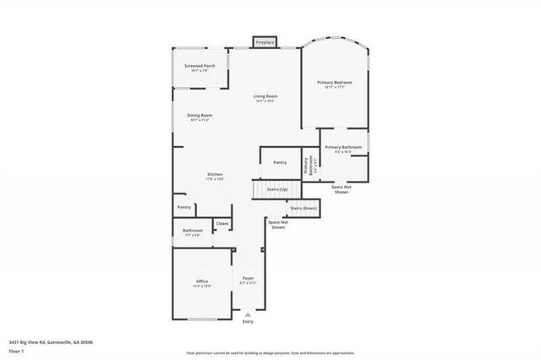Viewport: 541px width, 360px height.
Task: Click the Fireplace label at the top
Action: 265,41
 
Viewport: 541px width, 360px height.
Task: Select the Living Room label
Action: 265,96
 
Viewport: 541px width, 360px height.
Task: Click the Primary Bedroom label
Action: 335,82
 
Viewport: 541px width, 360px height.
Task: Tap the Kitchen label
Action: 215,174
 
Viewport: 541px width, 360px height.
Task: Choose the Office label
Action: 202,281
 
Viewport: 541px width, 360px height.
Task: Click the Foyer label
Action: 249,278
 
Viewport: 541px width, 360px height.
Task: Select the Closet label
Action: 222,224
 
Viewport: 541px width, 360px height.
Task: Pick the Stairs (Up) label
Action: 277,189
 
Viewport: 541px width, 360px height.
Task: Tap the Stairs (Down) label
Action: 303,208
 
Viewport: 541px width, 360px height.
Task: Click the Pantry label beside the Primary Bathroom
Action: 280,161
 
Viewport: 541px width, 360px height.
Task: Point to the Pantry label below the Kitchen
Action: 183,207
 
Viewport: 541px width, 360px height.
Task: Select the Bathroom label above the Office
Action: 192,231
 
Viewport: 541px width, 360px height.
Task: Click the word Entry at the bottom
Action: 248,322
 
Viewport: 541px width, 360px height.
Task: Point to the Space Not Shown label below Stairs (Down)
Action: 277,225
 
